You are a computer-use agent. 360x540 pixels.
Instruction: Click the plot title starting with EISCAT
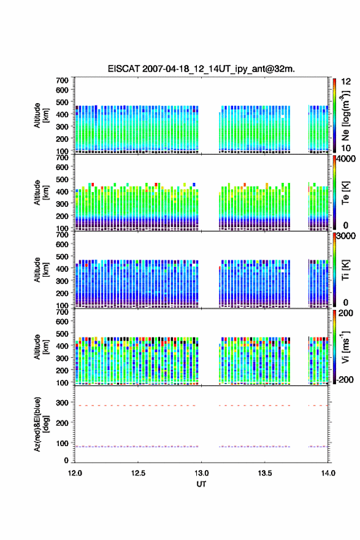click(201, 69)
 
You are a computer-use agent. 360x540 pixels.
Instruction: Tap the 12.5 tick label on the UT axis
click(138, 473)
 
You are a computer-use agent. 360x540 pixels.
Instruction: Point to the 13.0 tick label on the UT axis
click(201, 473)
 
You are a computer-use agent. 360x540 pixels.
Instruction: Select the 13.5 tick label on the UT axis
click(265, 473)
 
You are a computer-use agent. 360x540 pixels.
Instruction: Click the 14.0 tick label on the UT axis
click(328, 473)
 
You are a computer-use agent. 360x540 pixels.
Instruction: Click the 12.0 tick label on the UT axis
click(75, 473)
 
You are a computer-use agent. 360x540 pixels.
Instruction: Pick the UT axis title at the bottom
click(201, 484)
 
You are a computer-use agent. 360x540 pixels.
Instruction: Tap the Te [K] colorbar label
click(345, 193)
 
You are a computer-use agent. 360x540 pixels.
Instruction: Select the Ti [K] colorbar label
click(345, 270)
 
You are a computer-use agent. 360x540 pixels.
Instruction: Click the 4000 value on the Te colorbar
click(346, 159)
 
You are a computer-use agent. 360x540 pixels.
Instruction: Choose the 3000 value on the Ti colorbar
click(346, 236)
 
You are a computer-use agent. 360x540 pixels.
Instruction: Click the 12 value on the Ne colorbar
click(346, 82)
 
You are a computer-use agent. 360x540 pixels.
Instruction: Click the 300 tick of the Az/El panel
click(63, 403)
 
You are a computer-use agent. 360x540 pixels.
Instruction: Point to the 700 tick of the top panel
click(63, 80)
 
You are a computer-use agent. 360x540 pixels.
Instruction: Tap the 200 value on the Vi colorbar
click(345, 314)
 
